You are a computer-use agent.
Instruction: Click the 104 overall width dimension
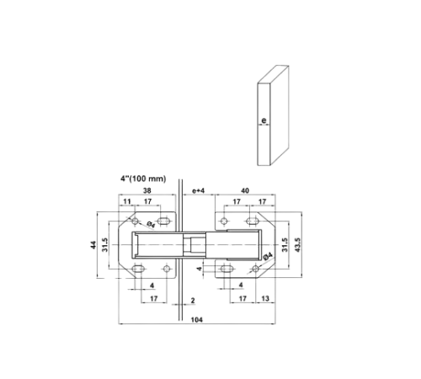(196, 319)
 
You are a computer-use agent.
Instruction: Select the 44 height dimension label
(93, 245)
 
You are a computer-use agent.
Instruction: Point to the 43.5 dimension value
(297, 245)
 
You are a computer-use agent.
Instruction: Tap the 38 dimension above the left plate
(147, 190)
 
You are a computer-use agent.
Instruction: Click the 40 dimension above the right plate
(245, 190)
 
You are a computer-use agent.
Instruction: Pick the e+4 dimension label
(199, 191)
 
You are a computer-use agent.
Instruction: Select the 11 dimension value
(127, 201)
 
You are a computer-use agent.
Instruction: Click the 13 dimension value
(265, 298)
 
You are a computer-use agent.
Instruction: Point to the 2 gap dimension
(193, 301)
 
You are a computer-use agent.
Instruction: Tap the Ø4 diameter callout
(268, 257)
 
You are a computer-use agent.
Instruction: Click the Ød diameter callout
(151, 224)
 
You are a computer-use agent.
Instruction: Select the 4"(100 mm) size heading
(143, 179)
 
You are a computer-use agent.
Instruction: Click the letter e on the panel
(264, 120)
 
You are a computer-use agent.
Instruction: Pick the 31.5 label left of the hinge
(104, 245)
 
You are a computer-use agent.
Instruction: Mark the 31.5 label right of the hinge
(285, 245)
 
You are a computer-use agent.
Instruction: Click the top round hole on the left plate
(136, 222)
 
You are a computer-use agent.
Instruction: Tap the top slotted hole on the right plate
(253, 222)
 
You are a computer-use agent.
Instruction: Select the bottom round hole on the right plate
(255, 269)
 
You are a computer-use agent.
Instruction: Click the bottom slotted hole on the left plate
(138, 269)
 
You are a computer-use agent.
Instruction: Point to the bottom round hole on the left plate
(167, 269)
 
